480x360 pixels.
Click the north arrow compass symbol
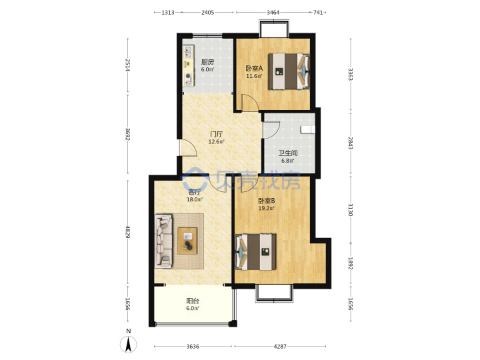click(128, 344)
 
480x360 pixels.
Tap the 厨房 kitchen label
click(207, 62)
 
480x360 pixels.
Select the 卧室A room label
click(254, 69)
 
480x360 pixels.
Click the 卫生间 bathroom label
click(288, 153)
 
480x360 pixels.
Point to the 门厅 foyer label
click(217, 134)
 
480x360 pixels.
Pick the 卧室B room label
click(266, 201)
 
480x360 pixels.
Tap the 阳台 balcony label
click(193, 301)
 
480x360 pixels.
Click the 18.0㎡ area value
click(195, 199)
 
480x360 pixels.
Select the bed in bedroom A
click(289, 71)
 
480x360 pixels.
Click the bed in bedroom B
click(255, 252)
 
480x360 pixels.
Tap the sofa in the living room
click(164, 241)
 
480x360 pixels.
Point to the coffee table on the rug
click(187, 241)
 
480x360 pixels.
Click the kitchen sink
click(188, 52)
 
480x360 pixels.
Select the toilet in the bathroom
click(307, 129)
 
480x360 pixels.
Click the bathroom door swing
click(271, 130)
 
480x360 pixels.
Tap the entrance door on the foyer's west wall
click(188, 148)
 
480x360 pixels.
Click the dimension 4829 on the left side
click(127, 232)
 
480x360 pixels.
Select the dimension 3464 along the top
click(273, 13)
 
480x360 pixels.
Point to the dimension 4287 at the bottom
click(280, 346)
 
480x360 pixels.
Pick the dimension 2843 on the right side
click(351, 143)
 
